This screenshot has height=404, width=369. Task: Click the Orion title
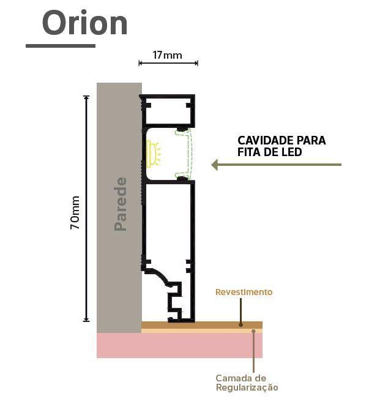84,23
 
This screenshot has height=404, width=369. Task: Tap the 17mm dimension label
168,55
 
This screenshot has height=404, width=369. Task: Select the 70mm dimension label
75,212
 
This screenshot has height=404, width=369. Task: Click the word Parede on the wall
121,204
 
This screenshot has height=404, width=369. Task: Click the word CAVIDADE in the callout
266,141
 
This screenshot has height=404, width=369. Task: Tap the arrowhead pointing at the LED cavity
215,165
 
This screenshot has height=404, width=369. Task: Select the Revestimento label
244,292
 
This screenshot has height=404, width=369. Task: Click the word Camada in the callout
234,378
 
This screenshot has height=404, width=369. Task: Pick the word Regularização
247,387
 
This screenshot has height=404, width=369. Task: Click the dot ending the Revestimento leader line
240,325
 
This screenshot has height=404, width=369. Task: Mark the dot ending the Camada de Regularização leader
253,331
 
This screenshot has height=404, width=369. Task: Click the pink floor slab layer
179,345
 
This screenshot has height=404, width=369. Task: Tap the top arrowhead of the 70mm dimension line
86,98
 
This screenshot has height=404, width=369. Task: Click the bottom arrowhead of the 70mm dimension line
86,320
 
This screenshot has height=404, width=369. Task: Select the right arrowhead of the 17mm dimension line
196,63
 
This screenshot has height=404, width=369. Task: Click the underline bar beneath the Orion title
61,46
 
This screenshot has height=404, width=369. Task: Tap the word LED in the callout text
292,152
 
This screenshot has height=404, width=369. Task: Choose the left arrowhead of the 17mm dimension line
141,63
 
